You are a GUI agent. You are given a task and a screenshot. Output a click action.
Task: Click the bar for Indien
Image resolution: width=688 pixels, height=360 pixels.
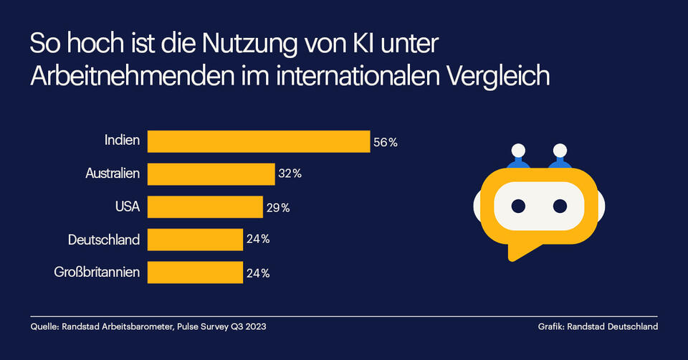(x=258, y=141)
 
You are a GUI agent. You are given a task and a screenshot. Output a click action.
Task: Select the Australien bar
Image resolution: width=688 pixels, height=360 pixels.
(x=211, y=174)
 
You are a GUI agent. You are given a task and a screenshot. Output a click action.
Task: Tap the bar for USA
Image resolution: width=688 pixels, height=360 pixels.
(x=205, y=207)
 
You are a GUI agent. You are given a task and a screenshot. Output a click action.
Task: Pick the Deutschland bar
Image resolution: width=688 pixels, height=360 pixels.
(x=195, y=240)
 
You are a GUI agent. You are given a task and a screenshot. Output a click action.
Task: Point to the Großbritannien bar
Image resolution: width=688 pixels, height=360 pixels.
(x=195, y=273)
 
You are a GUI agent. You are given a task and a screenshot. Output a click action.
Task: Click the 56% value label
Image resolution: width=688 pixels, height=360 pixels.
(x=385, y=142)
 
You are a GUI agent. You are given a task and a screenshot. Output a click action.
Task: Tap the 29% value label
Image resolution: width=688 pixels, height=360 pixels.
(x=277, y=207)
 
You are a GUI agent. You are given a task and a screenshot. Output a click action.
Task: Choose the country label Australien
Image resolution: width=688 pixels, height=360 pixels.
(x=113, y=174)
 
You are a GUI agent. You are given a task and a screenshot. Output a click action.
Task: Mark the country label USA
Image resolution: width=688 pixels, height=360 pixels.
(x=127, y=207)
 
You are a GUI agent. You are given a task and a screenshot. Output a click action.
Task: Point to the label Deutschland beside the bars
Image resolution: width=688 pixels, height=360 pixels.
(x=104, y=240)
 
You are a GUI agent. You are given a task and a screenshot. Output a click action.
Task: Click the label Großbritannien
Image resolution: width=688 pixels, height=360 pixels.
(x=97, y=273)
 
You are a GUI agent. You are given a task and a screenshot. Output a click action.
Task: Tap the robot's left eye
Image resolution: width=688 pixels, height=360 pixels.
(x=518, y=206)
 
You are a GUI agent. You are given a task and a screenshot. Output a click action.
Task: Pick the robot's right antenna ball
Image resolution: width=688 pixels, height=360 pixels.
(x=559, y=151)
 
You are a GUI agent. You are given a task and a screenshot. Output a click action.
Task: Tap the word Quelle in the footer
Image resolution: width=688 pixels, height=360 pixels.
(x=44, y=327)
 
